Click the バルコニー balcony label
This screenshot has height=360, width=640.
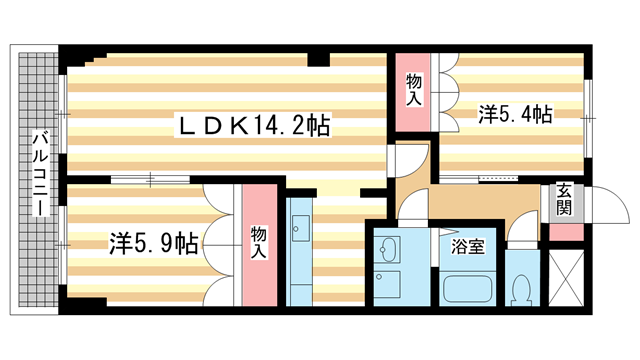tap(37, 176)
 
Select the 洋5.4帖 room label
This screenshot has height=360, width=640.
tap(514, 116)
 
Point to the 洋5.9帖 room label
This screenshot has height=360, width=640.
tap(153, 241)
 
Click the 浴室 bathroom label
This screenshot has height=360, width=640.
tap(468, 244)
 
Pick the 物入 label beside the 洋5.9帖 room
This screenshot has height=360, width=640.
tap(258, 243)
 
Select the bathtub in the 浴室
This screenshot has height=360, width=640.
tap(467, 288)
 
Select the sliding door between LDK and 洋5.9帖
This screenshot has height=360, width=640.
tap(150, 180)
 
